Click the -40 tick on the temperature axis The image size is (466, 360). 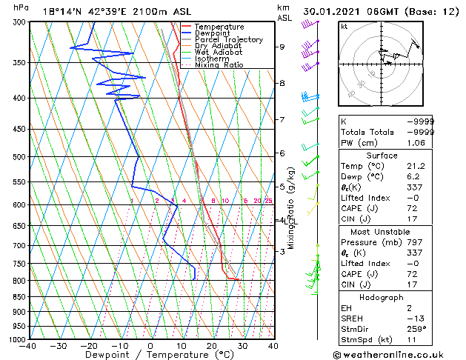[x=29, y=347]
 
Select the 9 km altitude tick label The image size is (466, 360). [x=282, y=47]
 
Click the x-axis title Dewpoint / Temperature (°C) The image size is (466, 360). [x=150, y=355]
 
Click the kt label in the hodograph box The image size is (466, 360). [x=344, y=26]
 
